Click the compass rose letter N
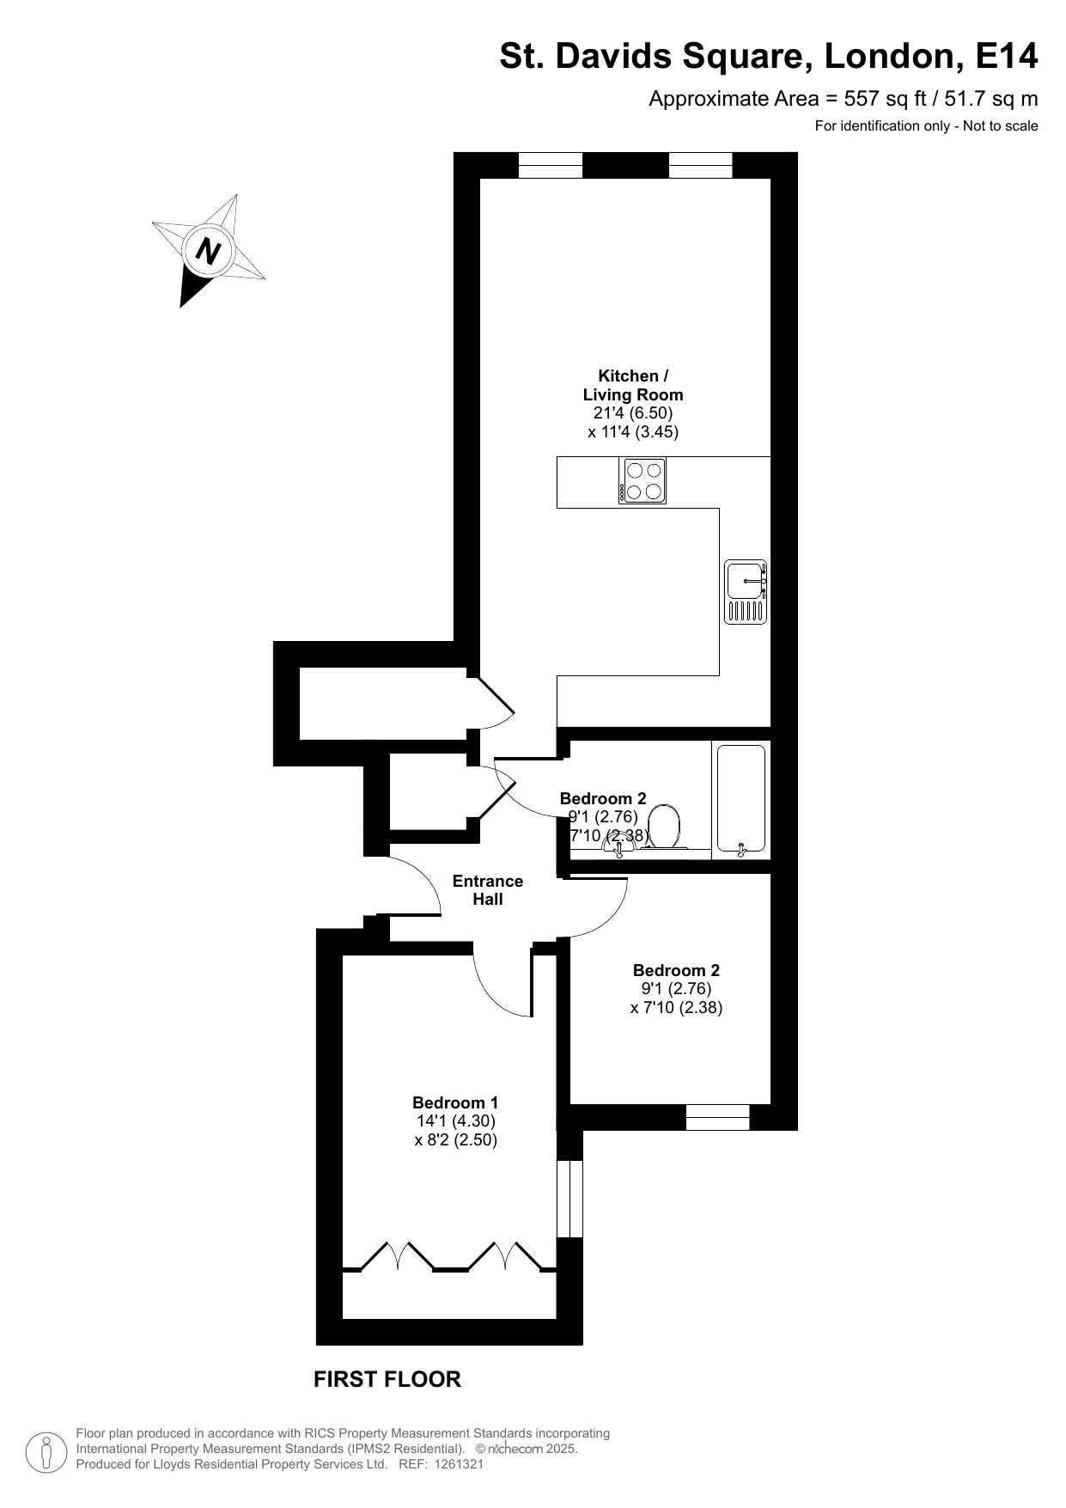click(x=209, y=251)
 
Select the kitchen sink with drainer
click(x=745, y=592)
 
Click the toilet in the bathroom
click(x=663, y=826)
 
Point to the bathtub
click(x=740, y=800)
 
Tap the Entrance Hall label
click(x=487, y=890)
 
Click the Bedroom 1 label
click(x=455, y=1102)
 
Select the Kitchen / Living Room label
click(x=633, y=385)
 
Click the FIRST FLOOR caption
click(x=387, y=1379)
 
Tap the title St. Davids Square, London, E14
click(x=769, y=57)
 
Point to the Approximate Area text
click(x=843, y=99)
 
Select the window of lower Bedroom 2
click(x=717, y=1117)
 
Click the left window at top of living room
click(x=551, y=165)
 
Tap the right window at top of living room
click(x=700, y=165)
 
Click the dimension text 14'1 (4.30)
click(x=455, y=1121)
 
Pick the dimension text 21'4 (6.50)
click(x=633, y=413)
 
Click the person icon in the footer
click(x=46, y=1451)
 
